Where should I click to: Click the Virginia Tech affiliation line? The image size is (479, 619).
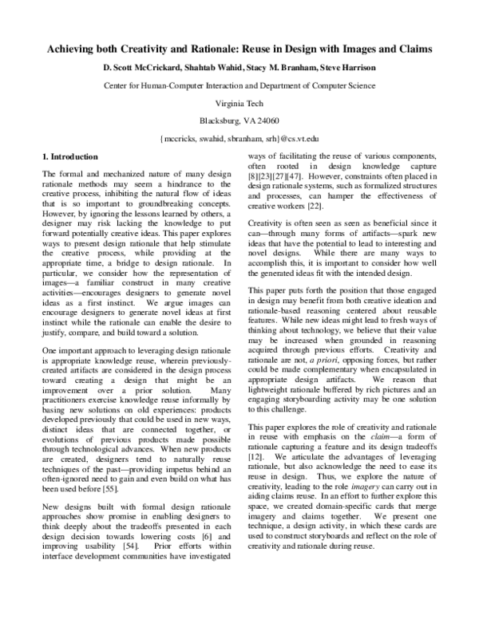point(239,103)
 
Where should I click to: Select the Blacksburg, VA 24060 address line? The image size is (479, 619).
point(239,120)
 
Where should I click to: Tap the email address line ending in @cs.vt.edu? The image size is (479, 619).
point(239,139)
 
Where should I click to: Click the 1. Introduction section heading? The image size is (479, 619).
point(70,156)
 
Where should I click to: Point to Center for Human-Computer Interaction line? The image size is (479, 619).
point(239,85)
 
